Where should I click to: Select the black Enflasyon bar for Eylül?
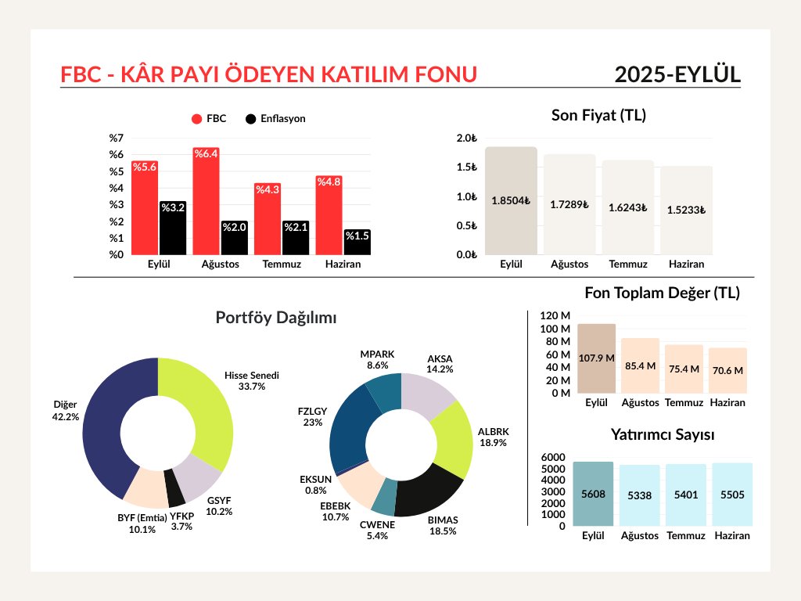173,228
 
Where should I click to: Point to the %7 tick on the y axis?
117,139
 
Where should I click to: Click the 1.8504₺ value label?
511,200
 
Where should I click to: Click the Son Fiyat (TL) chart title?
598,116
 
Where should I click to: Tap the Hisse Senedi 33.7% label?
252,380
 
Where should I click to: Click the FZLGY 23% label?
313,416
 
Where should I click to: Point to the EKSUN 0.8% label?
316,484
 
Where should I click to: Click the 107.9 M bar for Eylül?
596,358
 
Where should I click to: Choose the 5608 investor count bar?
593,494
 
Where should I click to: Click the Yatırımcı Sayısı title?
663,434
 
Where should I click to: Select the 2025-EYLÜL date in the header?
677,74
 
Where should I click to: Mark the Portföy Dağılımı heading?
276,318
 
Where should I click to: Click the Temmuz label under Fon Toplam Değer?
684,403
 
